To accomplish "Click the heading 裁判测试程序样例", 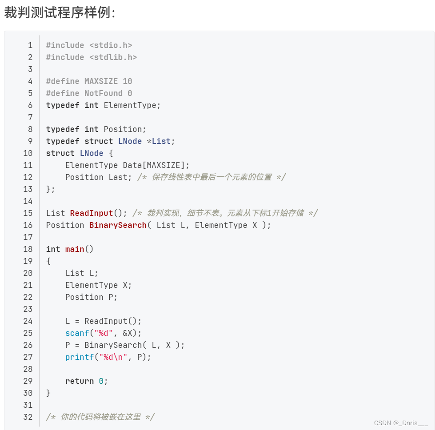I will click(60, 12).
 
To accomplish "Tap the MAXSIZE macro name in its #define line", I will click(101, 81).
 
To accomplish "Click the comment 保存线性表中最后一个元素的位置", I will click(212, 177).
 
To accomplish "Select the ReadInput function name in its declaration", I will click(92, 213).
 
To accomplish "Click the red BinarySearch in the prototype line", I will click(118, 225).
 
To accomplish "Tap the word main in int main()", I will click(75, 249).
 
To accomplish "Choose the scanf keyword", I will click(77, 333).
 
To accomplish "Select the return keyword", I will click(80, 381).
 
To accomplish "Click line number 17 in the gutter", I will click(28, 237).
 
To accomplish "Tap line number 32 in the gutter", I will click(28, 417).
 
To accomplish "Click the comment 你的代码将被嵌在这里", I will click(100, 417).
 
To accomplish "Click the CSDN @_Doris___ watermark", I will click(401, 422).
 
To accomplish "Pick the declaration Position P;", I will click(92, 297).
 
